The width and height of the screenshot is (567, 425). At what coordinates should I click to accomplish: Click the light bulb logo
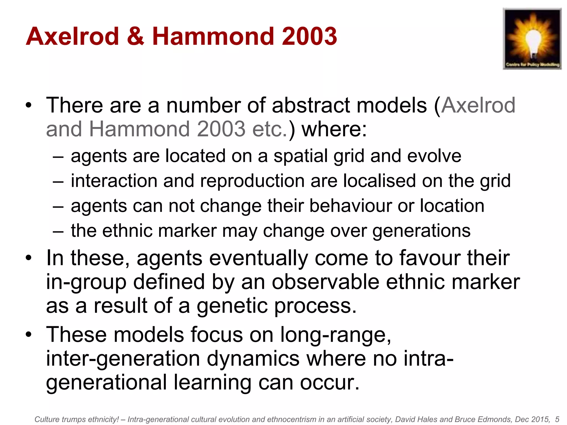532,39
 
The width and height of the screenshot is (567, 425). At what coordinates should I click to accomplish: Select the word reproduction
252,181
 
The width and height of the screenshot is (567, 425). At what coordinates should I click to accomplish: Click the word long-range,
336,335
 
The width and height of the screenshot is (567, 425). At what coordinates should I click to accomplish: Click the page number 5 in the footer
557,419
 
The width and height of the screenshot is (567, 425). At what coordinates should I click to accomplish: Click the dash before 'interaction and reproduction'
58,182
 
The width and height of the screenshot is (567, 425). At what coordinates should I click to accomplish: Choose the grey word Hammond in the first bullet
140,129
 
